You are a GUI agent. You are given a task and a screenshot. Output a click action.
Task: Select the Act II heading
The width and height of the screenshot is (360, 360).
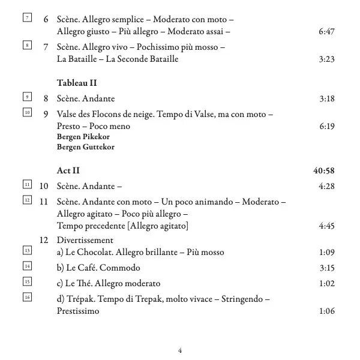68,171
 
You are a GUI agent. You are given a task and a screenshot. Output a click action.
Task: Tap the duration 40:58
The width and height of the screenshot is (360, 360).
323,171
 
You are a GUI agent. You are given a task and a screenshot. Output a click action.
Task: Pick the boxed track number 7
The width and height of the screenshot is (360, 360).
26,17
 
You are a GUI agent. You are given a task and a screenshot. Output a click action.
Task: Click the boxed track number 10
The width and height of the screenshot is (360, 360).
26,112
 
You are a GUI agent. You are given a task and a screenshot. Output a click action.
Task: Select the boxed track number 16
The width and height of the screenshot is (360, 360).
26,298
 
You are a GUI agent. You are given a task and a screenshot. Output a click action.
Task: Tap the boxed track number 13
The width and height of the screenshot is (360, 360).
26,250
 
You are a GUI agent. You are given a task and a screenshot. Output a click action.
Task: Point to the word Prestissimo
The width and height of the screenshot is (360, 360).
77,311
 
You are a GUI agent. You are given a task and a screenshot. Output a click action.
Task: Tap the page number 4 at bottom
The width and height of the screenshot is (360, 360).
180,349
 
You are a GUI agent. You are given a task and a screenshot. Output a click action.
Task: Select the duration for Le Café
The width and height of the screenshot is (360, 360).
326,268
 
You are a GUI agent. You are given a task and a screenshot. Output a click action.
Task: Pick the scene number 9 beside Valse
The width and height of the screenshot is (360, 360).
46,112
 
